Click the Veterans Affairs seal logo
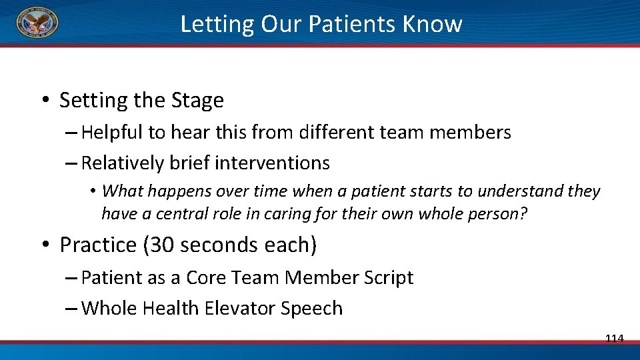(37, 23)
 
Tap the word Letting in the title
(217, 24)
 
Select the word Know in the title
(433, 24)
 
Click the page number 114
(614, 339)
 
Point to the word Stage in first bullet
(197, 101)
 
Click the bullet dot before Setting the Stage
(44, 101)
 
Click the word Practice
(99, 245)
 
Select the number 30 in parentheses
(160, 245)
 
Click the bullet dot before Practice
(44, 245)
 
